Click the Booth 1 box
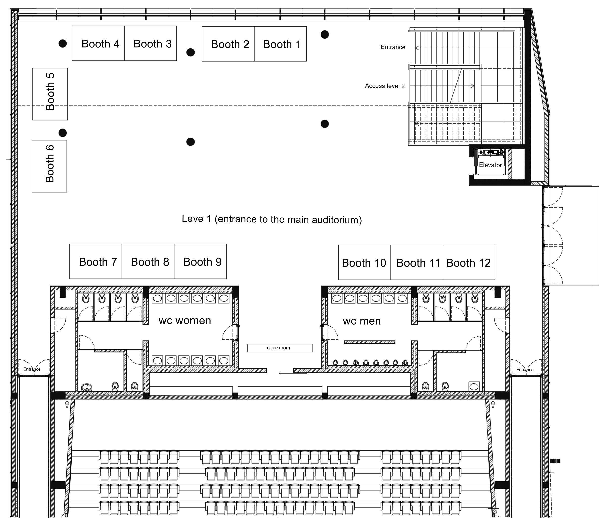280,44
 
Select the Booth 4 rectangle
98,43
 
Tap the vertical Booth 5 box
50,94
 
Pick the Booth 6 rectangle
49,166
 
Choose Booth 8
148,261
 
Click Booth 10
364,262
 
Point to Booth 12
469,262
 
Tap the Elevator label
490,165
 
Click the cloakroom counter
280,348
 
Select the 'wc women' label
185,320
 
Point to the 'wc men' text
362,321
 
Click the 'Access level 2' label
385,86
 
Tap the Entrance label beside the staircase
393,47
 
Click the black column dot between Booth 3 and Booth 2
191,52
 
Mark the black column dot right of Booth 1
325,35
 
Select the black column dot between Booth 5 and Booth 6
63,133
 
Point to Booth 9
200,261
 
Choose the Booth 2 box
228,44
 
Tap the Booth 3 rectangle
150,43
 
